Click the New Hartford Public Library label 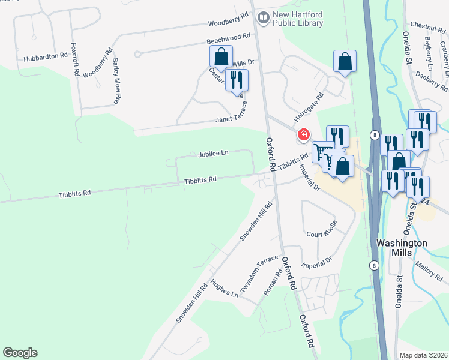pyautogui.click(x=298, y=19)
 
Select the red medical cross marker pyautogui.click(x=304, y=134)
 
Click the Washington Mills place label pyautogui.click(x=401, y=247)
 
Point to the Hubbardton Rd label pyautogui.click(x=45, y=58)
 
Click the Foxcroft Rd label pyautogui.click(x=76, y=59)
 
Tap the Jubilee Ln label pyautogui.click(x=213, y=154)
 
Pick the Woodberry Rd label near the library pyautogui.click(x=228, y=23)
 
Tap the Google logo pyautogui.click(x=20, y=353)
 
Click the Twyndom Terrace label pyautogui.click(x=259, y=271)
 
